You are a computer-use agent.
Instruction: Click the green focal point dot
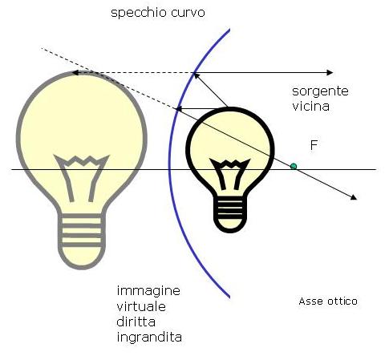pyautogui.click(x=294, y=167)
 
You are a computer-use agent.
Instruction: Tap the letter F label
pyautogui.click(x=314, y=145)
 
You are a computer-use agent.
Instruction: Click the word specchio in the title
pyautogui.click(x=139, y=13)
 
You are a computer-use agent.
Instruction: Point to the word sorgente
pyautogui.click(x=320, y=91)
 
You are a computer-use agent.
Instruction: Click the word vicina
pyautogui.click(x=310, y=107)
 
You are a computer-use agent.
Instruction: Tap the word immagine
pyautogui.click(x=148, y=291)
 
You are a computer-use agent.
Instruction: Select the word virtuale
pyautogui.click(x=141, y=306)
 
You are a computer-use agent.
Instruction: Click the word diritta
pyautogui.click(x=136, y=322)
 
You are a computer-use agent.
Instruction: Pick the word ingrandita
pyautogui.click(x=149, y=338)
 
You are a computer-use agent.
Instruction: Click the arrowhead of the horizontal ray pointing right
pyautogui.click(x=330, y=72)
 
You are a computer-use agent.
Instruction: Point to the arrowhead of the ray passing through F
pyautogui.click(x=354, y=197)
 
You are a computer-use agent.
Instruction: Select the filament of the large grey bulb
pyautogui.click(x=82, y=177)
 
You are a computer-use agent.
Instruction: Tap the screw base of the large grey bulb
pyautogui.click(x=82, y=241)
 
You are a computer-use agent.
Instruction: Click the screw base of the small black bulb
pyautogui.click(x=230, y=214)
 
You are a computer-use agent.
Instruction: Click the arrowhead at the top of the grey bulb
pyautogui.click(x=75, y=72)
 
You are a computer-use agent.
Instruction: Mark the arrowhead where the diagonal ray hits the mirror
pyautogui.click(x=197, y=76)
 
